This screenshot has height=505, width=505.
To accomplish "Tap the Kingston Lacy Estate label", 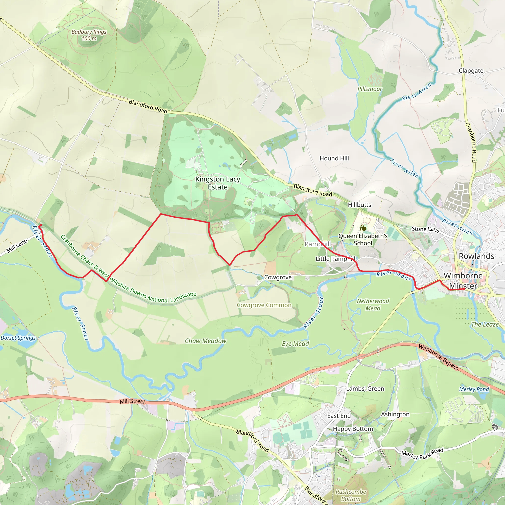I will pos(217,183).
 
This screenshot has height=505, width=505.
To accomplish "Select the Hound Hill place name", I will pos(334,158).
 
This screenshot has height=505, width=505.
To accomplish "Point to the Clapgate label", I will pos(471,71).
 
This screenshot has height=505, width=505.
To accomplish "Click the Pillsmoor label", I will pos(370,89).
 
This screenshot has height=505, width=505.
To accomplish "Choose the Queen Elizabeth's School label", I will pos(363,239).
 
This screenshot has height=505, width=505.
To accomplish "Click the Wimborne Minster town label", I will pos(463,281).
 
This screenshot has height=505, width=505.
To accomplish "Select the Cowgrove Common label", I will pos(264,305).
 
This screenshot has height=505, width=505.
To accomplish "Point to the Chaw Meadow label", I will pos(205,341).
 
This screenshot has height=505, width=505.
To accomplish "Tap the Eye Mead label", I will pos(295,344).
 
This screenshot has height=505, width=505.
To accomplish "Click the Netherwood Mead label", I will pos(373,305).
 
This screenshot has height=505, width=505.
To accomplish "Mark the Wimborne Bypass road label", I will pos(438,357).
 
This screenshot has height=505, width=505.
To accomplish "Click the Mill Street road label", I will pos(132,401).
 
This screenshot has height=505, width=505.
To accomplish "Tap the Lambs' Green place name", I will pos(365,389).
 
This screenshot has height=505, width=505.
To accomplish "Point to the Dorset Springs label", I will pos(18,338).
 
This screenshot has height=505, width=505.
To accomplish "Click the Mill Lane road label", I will pos(17,246).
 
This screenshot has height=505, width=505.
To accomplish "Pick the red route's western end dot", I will pos(40,225).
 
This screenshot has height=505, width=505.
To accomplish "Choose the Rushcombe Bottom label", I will pos(351,495).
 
